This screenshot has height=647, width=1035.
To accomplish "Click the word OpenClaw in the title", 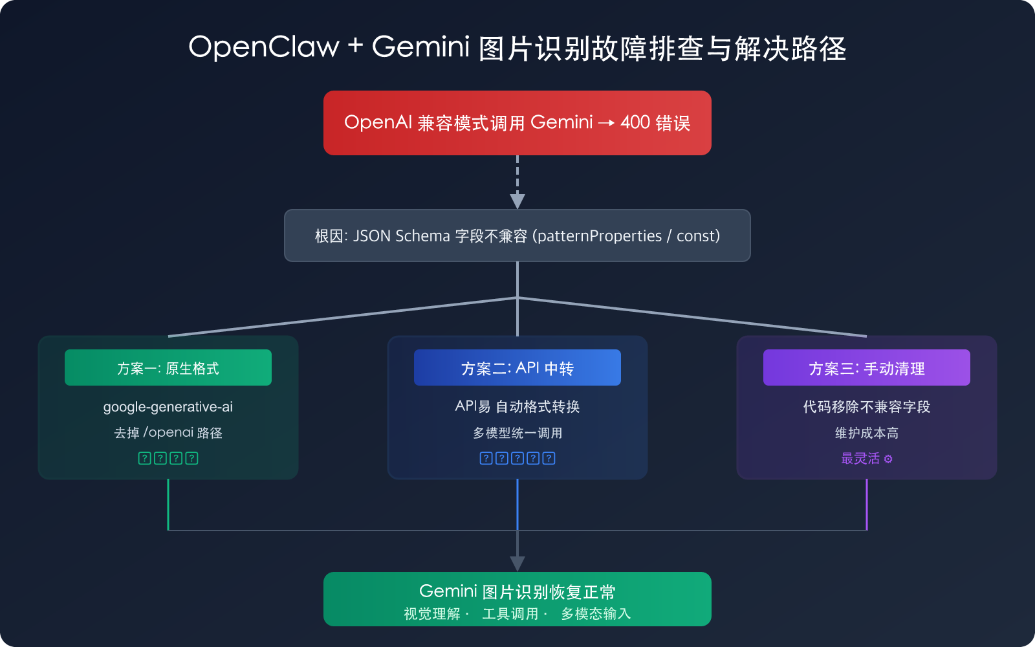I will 263,47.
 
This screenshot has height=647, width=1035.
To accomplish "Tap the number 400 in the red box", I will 635,122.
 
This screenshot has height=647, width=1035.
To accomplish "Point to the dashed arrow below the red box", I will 517,181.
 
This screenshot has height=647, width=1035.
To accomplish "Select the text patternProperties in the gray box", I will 599,236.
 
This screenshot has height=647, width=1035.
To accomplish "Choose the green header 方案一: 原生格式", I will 168,367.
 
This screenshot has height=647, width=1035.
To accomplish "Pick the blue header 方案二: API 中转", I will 517,367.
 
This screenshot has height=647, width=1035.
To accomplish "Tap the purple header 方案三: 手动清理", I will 867,367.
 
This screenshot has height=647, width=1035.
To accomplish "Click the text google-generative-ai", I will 168,407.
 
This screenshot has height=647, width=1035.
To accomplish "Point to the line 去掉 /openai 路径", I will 168,433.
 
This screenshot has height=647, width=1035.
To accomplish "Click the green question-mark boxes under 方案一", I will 168,458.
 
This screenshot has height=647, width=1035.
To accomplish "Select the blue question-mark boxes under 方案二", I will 517,458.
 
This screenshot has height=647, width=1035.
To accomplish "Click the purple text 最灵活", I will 860,458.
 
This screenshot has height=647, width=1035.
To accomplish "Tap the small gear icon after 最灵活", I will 888,459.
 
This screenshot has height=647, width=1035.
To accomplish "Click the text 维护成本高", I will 867,433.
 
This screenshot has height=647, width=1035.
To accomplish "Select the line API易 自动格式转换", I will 517,407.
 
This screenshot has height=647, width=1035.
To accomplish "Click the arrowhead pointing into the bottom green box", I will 517,564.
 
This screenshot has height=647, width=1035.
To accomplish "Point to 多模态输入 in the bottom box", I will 595,613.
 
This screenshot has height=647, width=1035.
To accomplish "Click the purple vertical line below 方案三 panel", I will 867,505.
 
